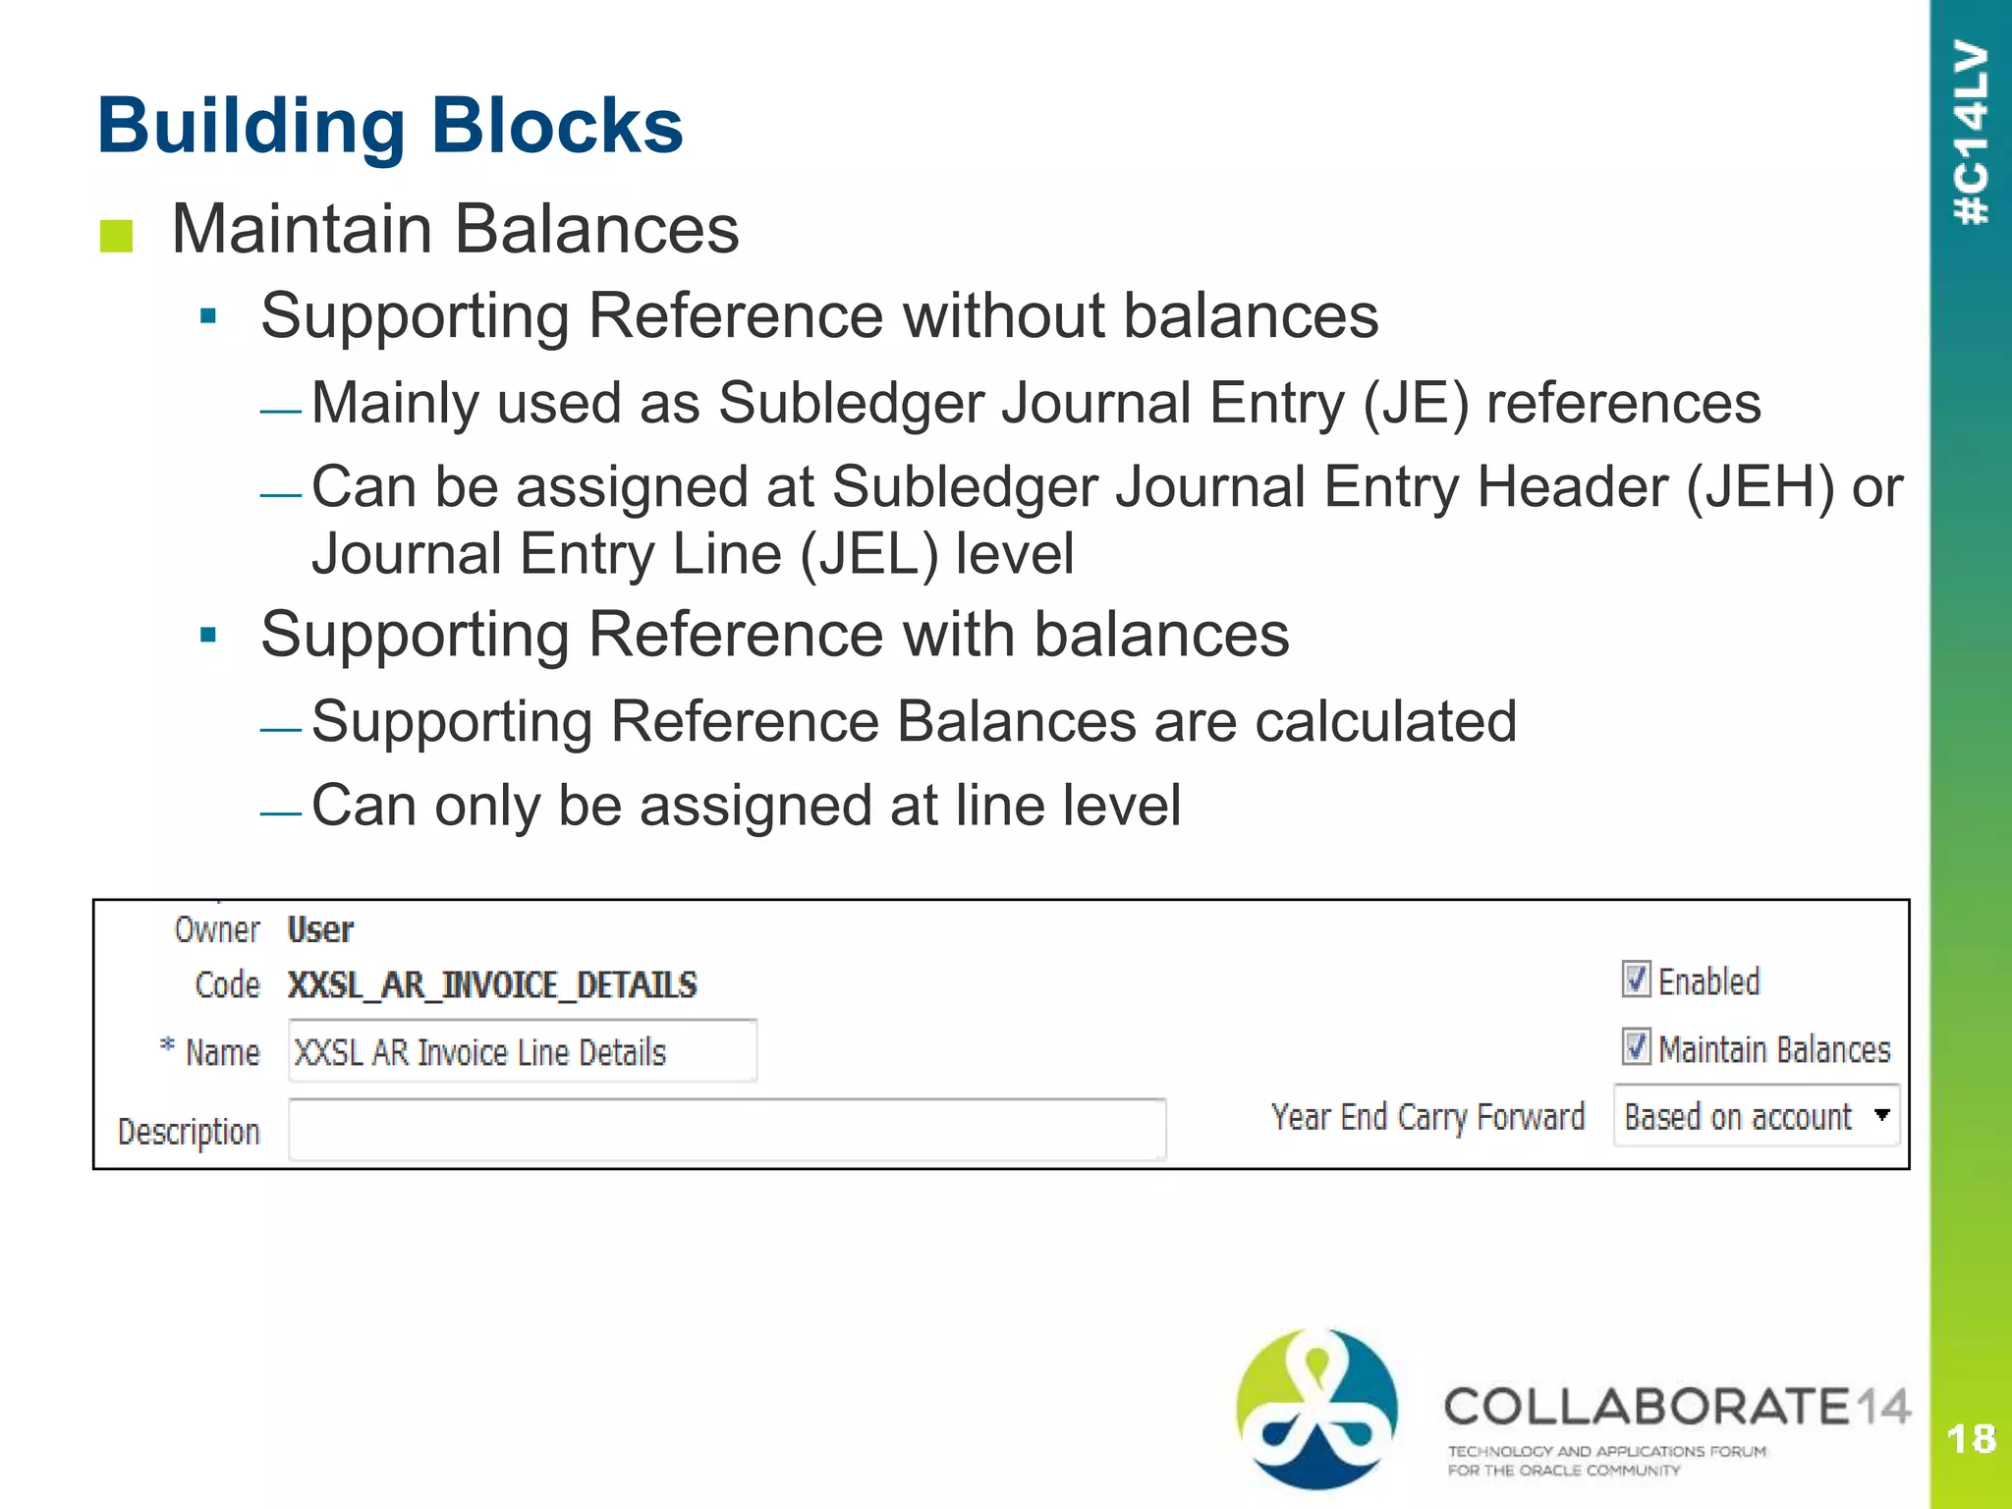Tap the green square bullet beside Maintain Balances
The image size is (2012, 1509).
pos(116,236)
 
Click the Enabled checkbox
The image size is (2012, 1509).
pos(1636,979)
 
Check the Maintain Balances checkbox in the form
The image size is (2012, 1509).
pos(1636,1047)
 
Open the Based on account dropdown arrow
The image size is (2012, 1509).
pos(1881,1115)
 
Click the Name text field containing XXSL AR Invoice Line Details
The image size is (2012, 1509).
pos(522,1052)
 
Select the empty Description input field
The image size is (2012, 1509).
pos(727,1130)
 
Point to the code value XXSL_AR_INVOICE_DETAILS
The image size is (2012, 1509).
pos(492,984)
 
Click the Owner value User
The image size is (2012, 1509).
pos(320,929)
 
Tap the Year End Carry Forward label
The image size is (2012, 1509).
pos(1427,1117)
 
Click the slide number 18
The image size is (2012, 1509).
pos(1971,1439)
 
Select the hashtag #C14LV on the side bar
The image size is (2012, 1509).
pos(1972,133)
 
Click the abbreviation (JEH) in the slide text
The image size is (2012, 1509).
pos(1760,487)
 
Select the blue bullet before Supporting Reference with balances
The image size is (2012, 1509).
pos(207,636)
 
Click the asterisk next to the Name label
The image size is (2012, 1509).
pos(168,1045)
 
